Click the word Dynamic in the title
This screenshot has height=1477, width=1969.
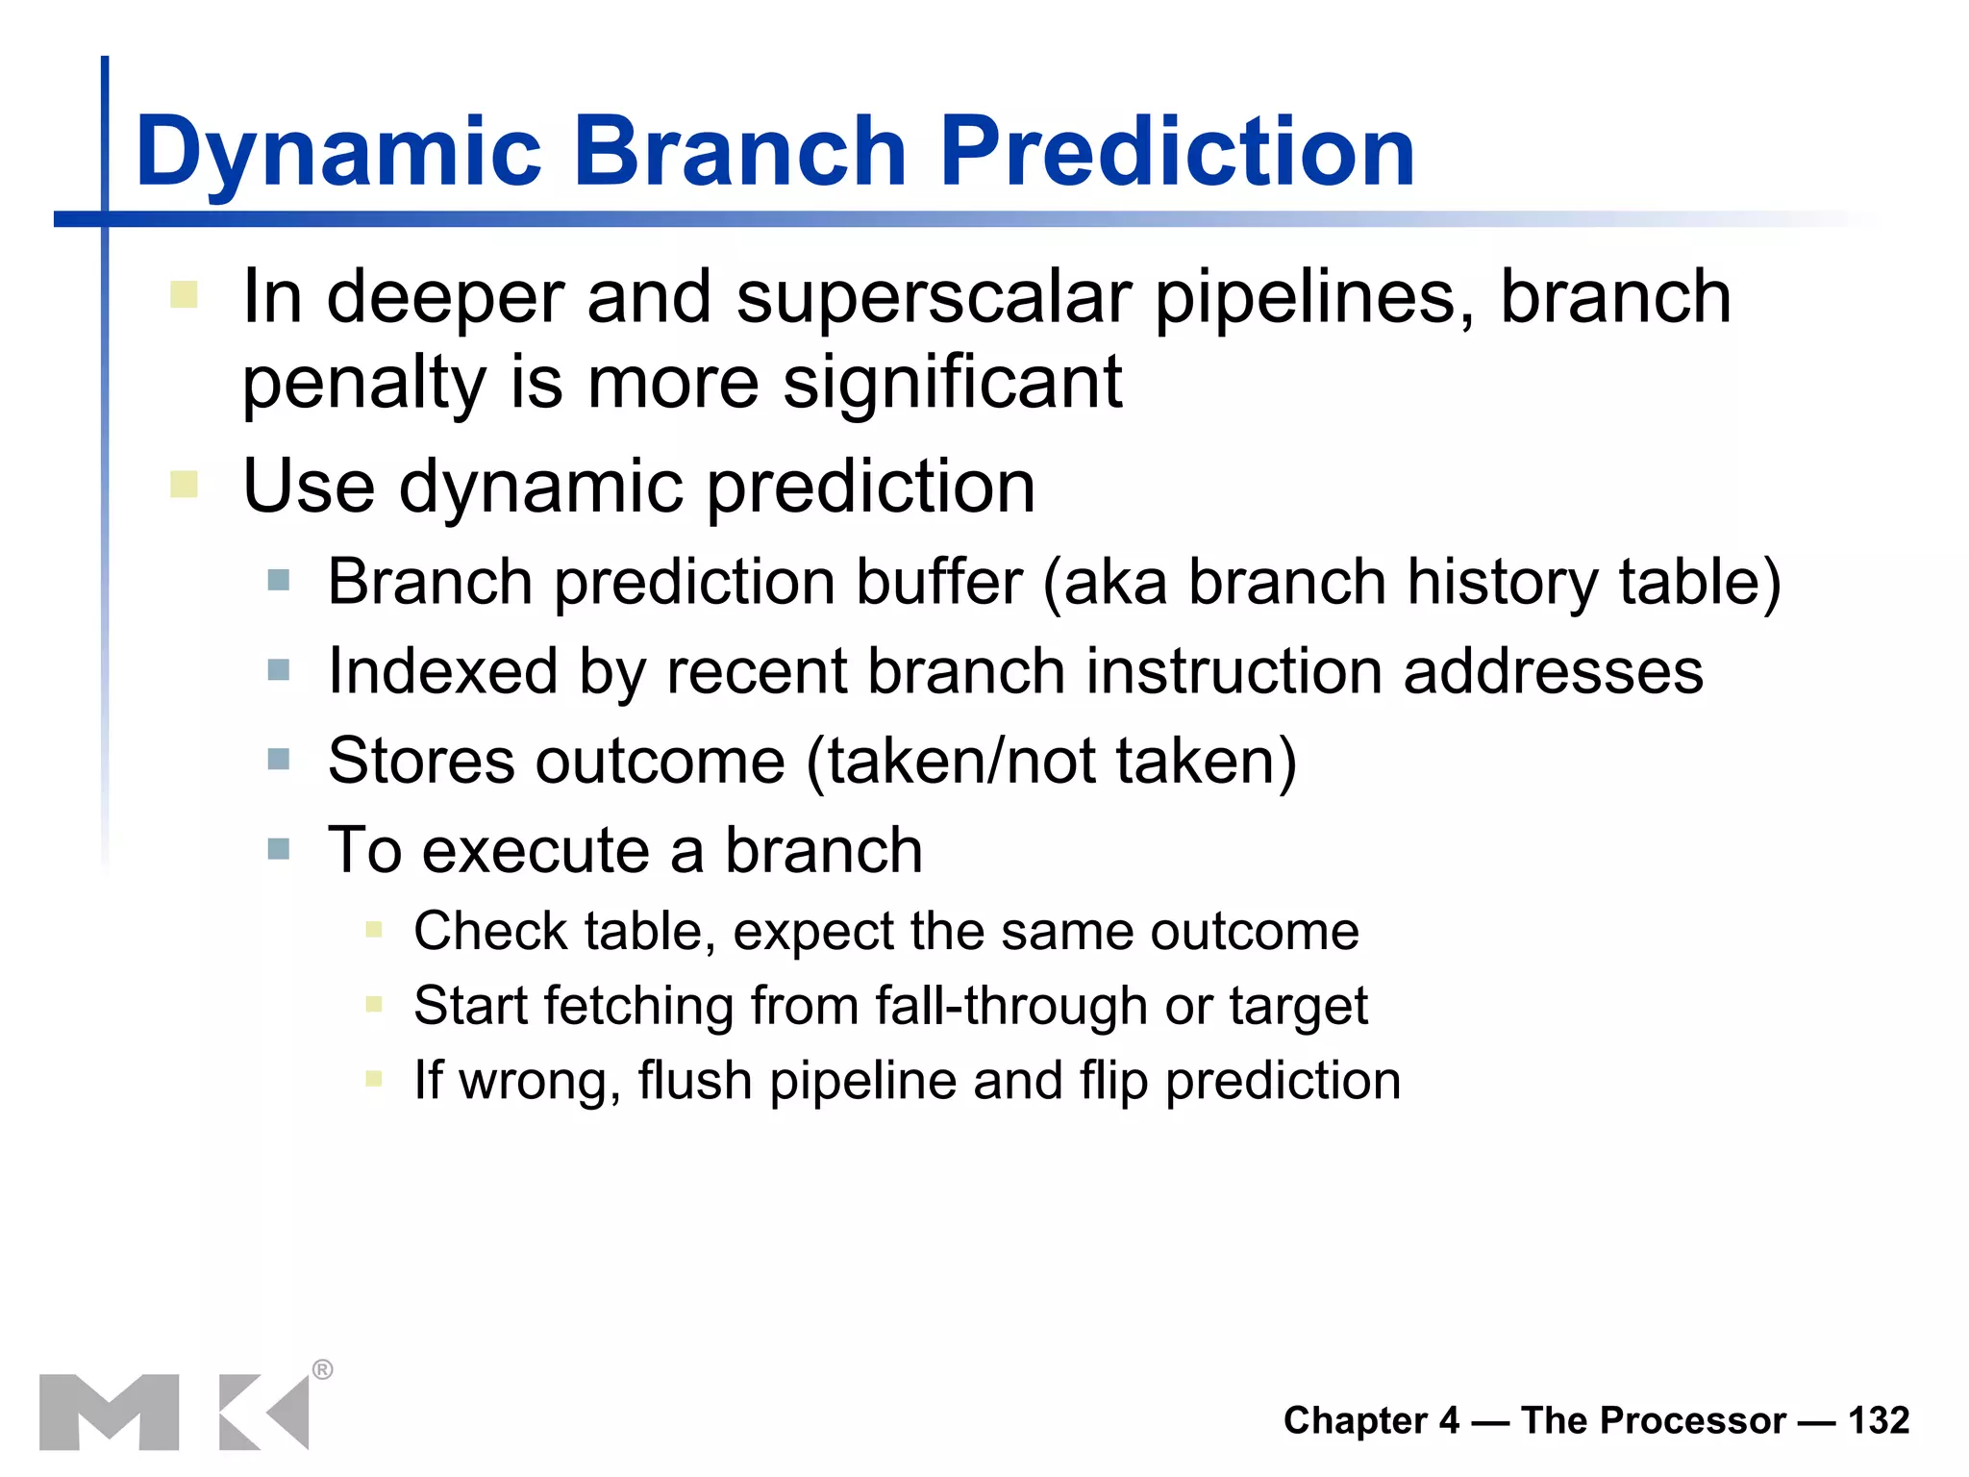[x=338, y=152]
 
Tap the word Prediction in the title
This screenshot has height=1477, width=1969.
[x=1176, y=152]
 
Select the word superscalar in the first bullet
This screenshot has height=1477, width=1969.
[x=934, y=298]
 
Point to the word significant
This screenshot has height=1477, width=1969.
[x=952, y=383]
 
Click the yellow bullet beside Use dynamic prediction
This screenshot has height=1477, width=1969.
[x=184, y=484]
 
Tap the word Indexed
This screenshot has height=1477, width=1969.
[x=442, y=671]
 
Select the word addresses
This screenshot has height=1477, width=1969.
[x=1553, y=671]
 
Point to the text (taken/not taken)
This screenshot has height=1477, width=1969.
[x=1052, y=761]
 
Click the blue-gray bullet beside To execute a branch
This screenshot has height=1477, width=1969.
[x=279, y=849]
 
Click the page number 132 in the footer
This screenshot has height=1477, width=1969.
[x=1879, y=1420]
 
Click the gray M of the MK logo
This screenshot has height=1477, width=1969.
[x=109, y=1412]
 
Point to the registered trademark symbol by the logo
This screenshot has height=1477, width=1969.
[x=323, y=1369]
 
